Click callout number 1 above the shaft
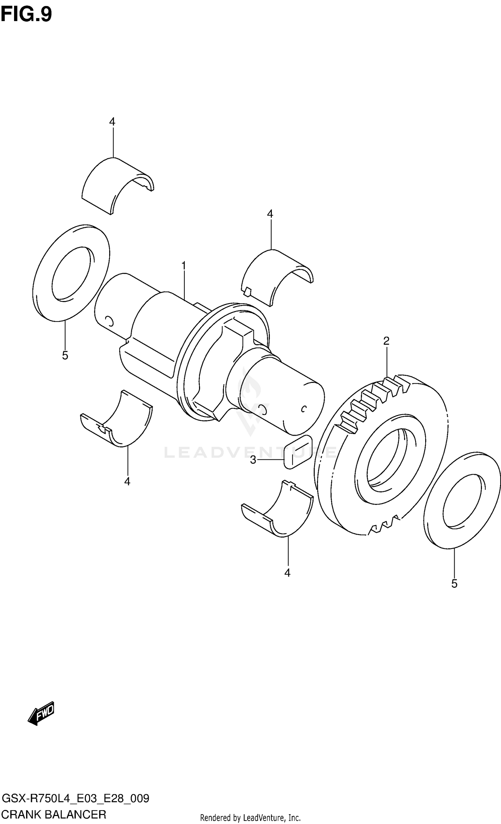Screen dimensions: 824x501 [183, 266]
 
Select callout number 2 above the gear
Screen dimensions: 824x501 [386, 341]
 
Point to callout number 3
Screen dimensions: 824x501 [253, 460]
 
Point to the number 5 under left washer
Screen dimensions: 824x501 [65, 356]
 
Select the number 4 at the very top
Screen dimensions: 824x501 [112, 122]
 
